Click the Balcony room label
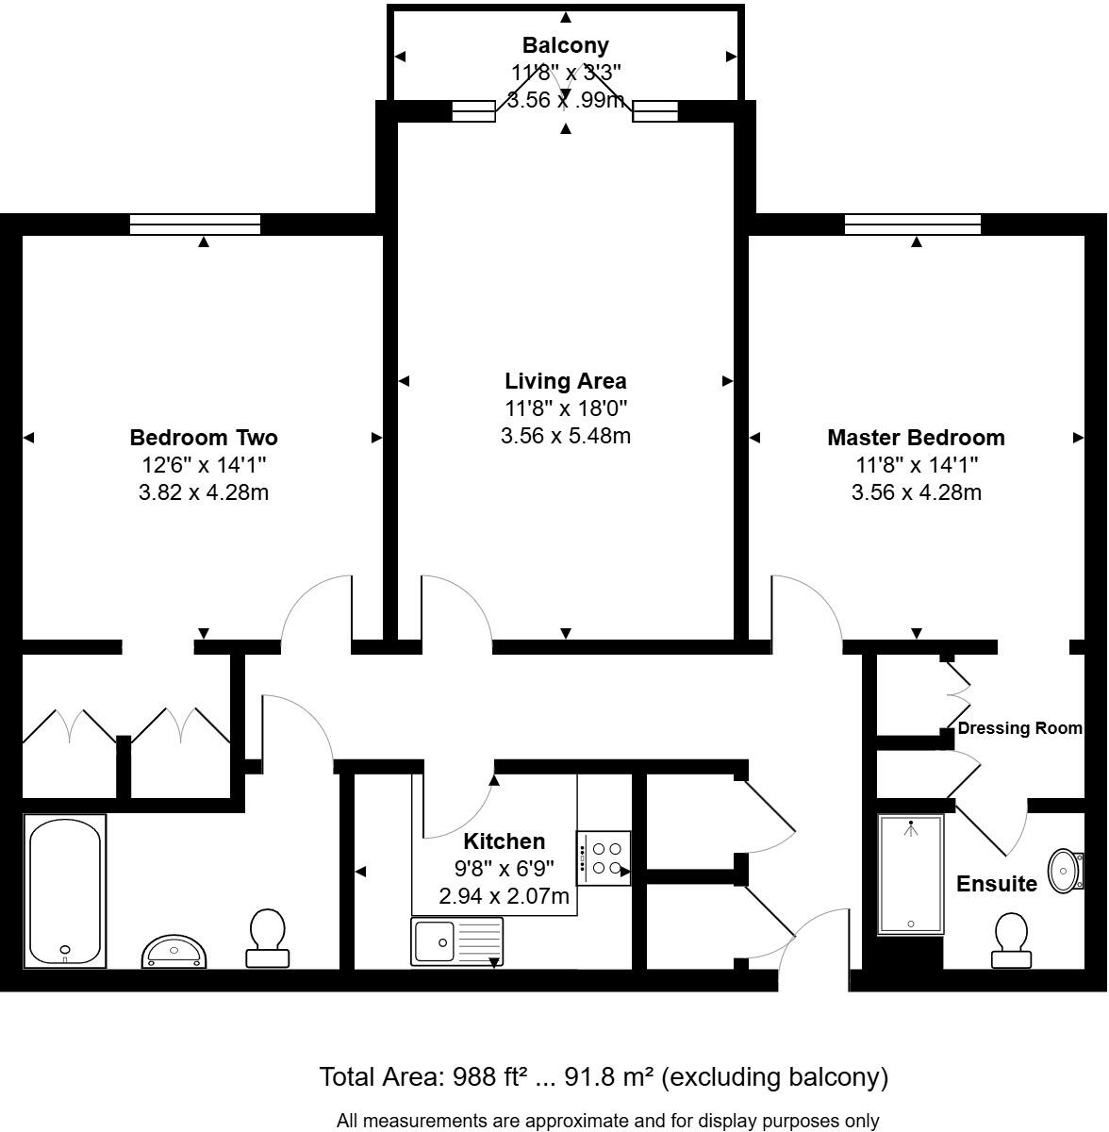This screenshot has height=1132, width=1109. point(566,45)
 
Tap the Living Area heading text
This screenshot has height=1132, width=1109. point(565,381)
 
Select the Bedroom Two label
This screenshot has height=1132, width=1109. point(204,438)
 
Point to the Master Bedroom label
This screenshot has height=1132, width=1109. point(916,438)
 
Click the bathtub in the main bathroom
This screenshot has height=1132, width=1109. point(65,891)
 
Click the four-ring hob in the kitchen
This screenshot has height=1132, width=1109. point(604,858)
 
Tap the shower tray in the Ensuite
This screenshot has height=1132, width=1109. point(910,874)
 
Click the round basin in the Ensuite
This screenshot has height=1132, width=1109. point(1066,869)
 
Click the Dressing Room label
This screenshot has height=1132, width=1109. point(1019,728)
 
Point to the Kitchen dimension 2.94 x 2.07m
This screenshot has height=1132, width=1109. point(505,896)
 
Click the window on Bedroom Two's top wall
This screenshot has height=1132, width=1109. point(195,225)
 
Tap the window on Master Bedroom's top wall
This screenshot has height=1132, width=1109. point(913,225)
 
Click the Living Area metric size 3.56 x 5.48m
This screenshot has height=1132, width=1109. point(565,436)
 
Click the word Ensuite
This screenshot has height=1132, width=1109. point(997,884)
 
